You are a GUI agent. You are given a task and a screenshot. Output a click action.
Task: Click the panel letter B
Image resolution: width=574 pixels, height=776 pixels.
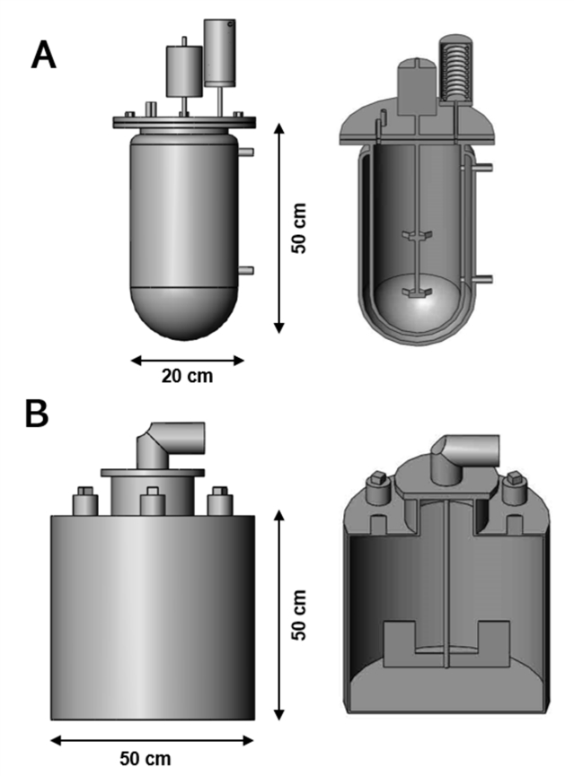(x=37, y=415)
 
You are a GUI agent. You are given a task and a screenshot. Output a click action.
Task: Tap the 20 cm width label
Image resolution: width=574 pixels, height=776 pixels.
(x=187, y=376)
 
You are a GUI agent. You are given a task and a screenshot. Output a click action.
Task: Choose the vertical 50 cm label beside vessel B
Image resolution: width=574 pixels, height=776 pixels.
(x=300, y=614)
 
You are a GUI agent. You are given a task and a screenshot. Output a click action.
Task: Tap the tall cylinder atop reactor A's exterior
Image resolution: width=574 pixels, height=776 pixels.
(x=221, y=49)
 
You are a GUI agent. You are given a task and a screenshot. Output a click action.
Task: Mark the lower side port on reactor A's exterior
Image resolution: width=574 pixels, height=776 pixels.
(x=249, y=269)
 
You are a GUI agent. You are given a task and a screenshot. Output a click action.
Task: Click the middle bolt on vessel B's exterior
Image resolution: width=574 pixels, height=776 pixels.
(x=151, y=502)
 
